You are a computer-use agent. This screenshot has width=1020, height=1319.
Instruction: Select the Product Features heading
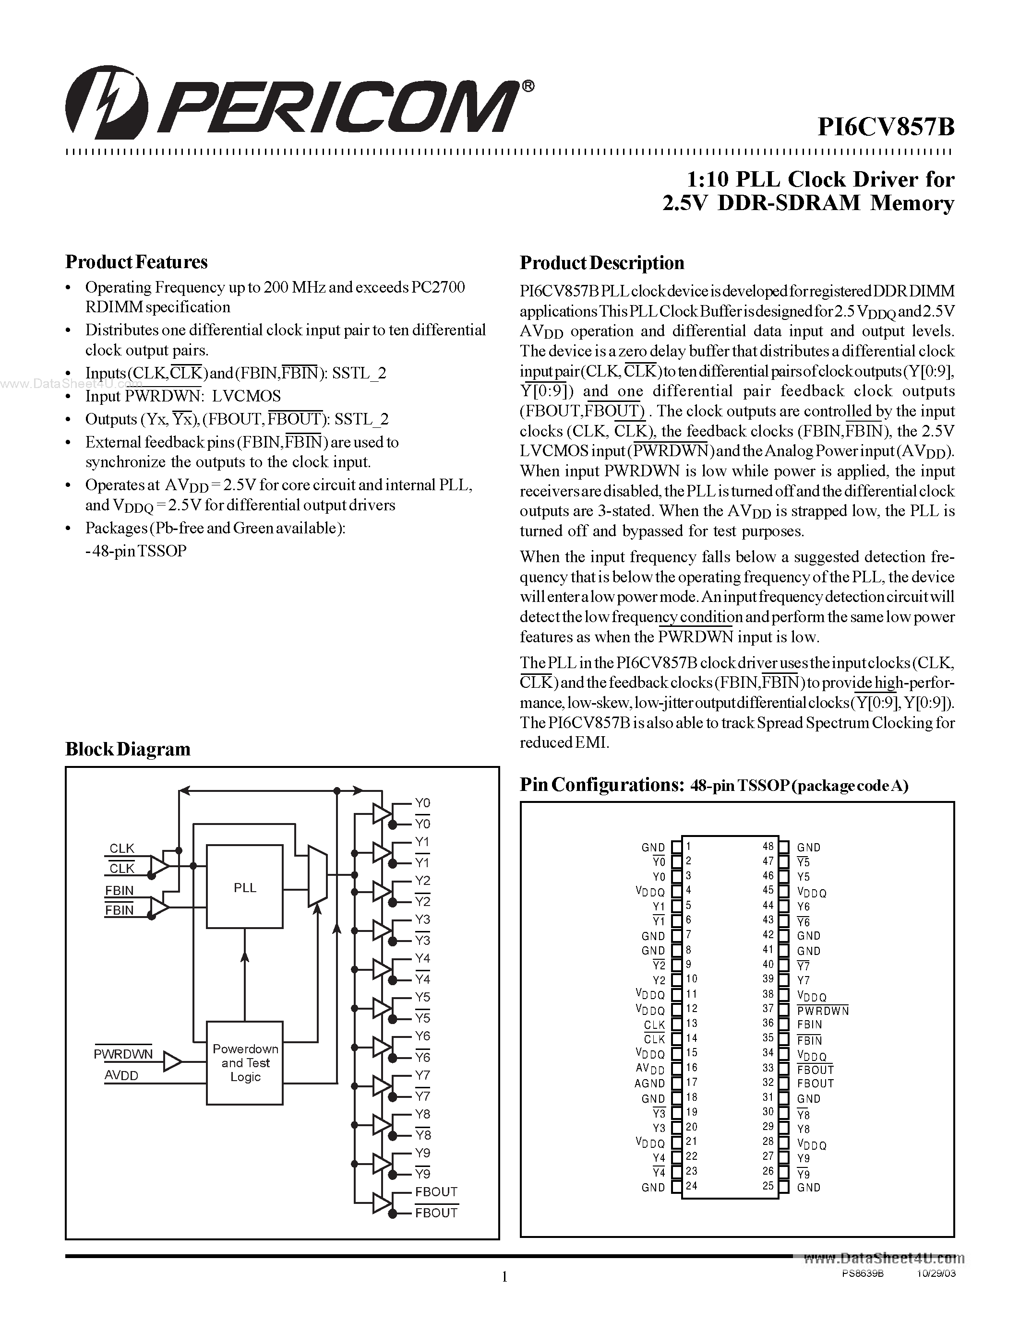[137, 261]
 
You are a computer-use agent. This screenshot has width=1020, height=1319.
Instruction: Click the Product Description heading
[602, 263]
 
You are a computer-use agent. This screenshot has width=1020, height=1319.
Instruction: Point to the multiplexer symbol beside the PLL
[317, 876]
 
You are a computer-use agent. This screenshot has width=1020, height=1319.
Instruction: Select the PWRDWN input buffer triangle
[172, 1062]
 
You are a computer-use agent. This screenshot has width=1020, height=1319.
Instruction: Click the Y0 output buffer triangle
[381, 813]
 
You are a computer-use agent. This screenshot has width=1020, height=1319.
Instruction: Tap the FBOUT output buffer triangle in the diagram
[381, 1202]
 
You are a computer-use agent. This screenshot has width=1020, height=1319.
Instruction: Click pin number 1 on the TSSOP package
[688, 847]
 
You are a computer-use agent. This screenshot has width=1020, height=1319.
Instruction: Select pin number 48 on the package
[768, 847]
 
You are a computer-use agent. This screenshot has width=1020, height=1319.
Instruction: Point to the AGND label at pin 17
[649, 1083]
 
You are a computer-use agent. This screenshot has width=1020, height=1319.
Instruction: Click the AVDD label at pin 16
[650, 1068]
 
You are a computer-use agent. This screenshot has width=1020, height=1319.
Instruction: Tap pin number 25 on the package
[768, 1186]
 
